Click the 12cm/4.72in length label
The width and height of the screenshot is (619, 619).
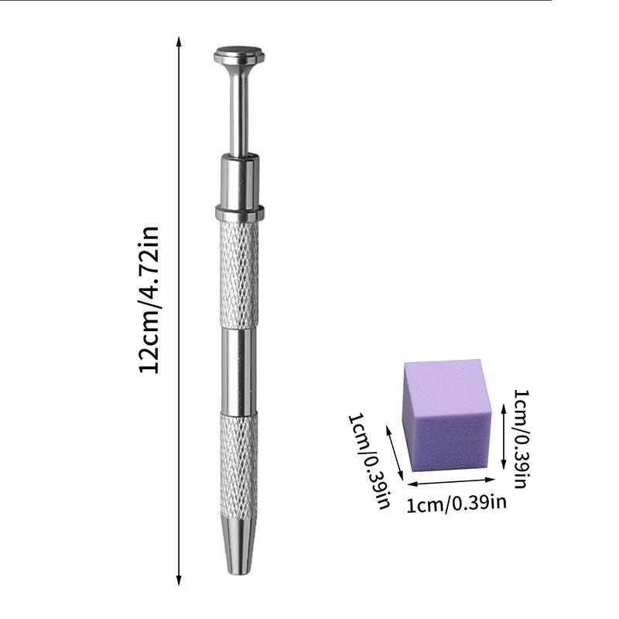[x=149, y=300]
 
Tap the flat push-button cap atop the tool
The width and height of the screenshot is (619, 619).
[x=239, y=56]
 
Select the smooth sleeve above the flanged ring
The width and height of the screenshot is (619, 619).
[x=240, y=181]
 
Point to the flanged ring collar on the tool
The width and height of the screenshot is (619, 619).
[x=240, y=213]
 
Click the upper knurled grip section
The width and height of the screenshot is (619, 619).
[x=239, y=275]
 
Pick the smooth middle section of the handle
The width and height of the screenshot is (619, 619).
[x=239, y=371]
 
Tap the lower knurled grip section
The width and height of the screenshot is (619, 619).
[x=239, y=466]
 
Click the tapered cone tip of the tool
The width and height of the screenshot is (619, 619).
[x=239, y=547]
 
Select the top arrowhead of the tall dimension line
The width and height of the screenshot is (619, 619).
[x=179, y=42]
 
